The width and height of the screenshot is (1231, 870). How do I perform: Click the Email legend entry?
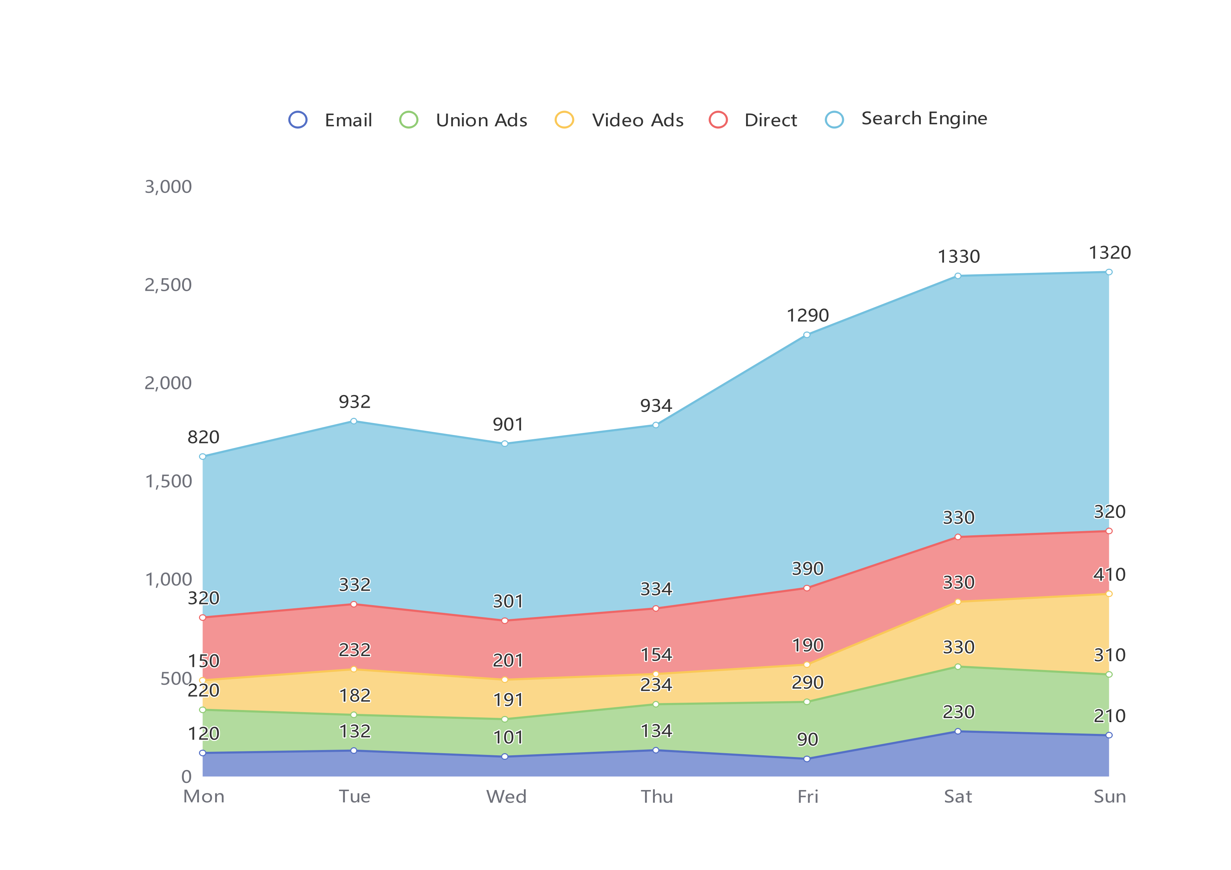330,120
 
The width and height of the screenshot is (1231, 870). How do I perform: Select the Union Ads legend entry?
463,120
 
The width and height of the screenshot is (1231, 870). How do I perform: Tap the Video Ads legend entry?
619,120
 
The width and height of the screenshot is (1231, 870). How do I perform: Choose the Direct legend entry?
753,120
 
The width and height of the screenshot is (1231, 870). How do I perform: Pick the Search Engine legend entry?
906,119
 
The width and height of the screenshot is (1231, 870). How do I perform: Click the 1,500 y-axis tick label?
168,481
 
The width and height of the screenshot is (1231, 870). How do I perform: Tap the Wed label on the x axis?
506,797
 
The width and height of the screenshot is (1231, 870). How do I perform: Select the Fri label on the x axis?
807,797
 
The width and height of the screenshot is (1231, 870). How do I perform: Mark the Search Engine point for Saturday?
958,276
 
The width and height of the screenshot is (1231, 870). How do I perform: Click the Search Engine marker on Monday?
203,457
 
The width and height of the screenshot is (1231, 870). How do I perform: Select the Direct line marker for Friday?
807,588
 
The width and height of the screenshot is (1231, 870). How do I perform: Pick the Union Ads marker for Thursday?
656,704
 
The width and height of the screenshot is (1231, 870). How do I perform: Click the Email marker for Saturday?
958,731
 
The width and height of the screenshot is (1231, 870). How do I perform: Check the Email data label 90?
807,740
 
